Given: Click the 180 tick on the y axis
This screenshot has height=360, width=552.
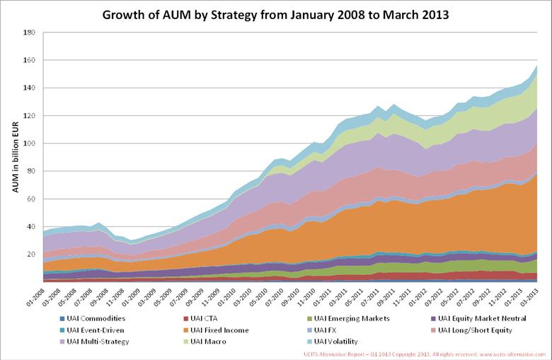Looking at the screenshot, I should coord(30,33).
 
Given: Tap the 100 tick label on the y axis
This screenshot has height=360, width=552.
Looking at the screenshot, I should coord(30,144).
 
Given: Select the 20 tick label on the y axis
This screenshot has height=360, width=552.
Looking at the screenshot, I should coord(32,255).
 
